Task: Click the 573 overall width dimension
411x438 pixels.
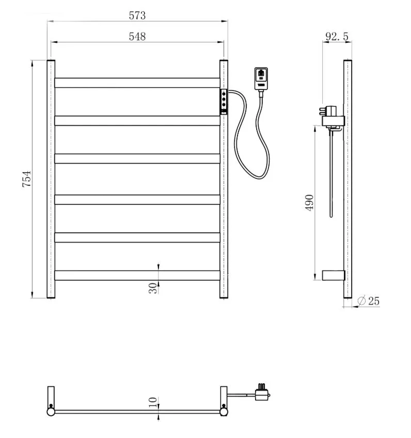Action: click(x=137, y=16)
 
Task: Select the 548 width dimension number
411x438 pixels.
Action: click(x=137, y=37)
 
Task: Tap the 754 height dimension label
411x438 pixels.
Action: click(x=27, y=179)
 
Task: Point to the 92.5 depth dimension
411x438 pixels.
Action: click(x=337, y=36)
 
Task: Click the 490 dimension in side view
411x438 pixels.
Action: click(x=309, y=203)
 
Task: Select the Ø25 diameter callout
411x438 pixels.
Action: click(x=368, y=301)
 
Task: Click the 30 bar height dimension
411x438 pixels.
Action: click(x=153, y=288)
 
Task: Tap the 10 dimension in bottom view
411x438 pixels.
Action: click(x=153, y=402)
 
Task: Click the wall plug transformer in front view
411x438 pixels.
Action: click(x=261, y=79)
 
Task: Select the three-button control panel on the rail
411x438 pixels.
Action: click(x=224, y=102)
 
